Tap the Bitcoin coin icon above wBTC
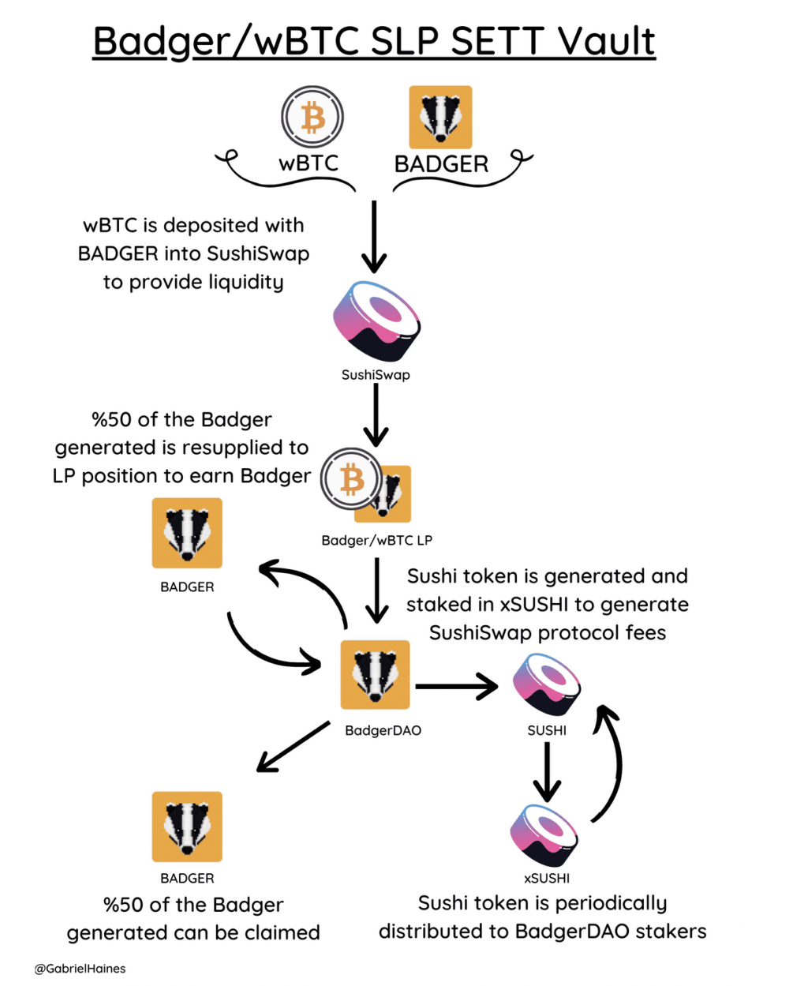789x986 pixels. point(312,117)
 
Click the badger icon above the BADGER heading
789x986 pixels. point(440,118)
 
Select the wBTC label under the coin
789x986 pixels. point(308,163)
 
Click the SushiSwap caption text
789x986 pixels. point(376,375)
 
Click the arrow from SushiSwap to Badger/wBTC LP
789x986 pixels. point(376,415)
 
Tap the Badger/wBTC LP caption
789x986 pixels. point(376,541)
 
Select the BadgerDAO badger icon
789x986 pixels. point(376,675)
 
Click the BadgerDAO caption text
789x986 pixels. point(383,731)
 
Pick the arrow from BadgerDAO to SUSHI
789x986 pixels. point(456,687)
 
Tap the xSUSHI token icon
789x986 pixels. point(544,835)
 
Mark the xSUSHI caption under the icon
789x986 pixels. point(547,879)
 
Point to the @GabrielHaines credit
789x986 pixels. point(80,969)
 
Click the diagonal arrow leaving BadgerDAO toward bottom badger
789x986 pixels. point(294,747)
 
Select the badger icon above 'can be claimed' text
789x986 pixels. point(187,827)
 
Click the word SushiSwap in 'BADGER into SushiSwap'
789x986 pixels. point(258,254)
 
